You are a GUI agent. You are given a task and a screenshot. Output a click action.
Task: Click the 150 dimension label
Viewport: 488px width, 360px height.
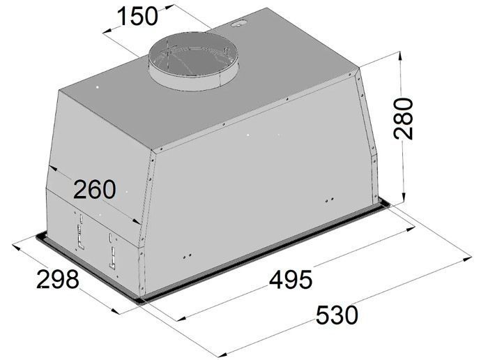click(x=137, y=17)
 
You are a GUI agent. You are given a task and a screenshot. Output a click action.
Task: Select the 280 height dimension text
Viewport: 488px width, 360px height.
click(x=404, y=119)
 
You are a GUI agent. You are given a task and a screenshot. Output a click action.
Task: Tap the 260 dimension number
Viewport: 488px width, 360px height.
click(x=95, y=189)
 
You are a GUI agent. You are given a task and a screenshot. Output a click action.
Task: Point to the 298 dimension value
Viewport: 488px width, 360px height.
click(x=58, y=279)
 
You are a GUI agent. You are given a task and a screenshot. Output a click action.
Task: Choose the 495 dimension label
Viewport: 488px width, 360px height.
click(x=291, y=279)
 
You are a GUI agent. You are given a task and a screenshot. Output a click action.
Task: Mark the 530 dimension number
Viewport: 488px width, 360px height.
click(x=337, y=315)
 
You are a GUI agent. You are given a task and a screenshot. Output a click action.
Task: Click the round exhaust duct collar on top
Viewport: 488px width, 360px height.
click(x=194, y=61)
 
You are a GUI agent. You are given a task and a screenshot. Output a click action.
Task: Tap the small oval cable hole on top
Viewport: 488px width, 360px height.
click(x=238, y=23)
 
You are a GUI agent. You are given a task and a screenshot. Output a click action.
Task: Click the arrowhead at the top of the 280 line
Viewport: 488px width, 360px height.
click(x=400, y=58)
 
